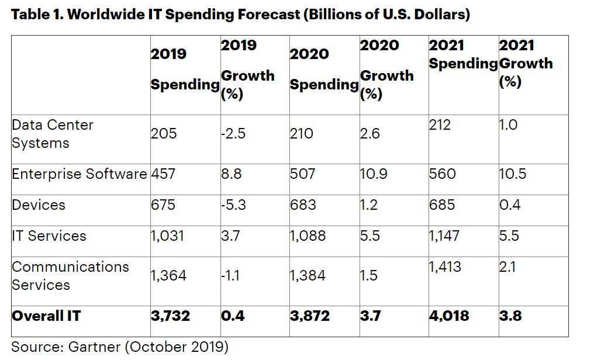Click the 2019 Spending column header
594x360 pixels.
click(x=185, y=69)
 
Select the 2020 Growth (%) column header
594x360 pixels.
click(x=386, y=69)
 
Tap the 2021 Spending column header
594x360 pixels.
click(x=463, y=54)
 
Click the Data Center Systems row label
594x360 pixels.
click(x=53, y=134)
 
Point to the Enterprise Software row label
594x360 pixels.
click(x=80, y=174)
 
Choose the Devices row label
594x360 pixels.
click(x=39, y=205)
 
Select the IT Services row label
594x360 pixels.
click(x=49, y=236)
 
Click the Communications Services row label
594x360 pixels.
click(x=70, y=276)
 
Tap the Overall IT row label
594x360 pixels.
click(x=46, y=316)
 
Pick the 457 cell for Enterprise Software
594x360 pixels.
click(x=163, y=174)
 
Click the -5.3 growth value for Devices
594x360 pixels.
click(x=234, y=205)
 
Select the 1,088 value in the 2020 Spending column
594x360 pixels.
click(x=308, y=236)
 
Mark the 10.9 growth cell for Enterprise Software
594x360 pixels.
click(x=372, y=174)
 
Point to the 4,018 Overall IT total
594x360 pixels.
click(x=448, y=316)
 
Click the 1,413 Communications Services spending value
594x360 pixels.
click(x=445, y=267)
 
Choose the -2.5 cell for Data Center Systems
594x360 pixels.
click(x=233, y=134)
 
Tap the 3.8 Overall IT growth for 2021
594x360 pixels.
click(x=510, y=316)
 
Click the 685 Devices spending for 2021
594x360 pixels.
click(x=442, y=205)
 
